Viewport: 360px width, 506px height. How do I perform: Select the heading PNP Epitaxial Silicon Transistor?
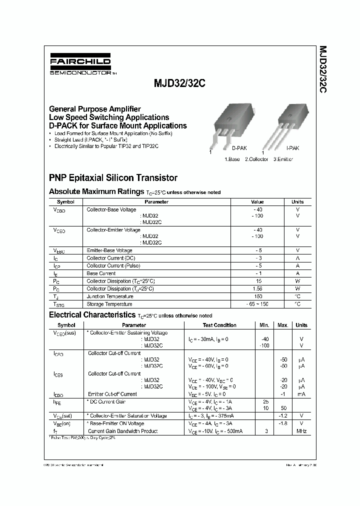click(113, 177)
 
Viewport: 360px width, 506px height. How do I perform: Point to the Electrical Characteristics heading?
click(92, 315)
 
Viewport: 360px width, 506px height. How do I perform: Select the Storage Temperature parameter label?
click(109, 304)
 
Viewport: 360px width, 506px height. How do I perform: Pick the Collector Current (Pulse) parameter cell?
click(111, 266)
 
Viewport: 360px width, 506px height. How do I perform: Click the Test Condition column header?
click(219, 325)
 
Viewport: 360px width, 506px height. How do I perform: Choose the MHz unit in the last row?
click(301, 431)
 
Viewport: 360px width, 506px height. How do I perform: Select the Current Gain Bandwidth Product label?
click(122, 431)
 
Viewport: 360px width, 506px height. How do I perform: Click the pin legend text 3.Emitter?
click(283, 159)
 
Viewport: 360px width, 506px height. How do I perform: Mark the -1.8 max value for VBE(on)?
click(283, 423)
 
